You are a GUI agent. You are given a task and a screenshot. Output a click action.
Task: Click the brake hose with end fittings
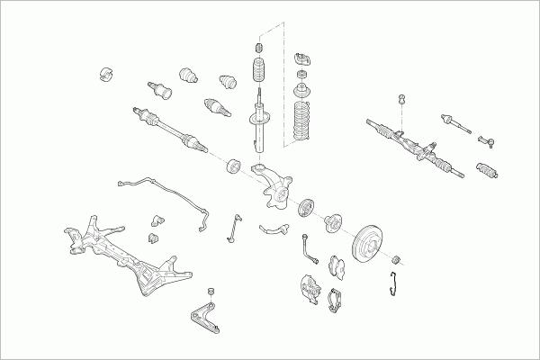pos(310,247)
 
